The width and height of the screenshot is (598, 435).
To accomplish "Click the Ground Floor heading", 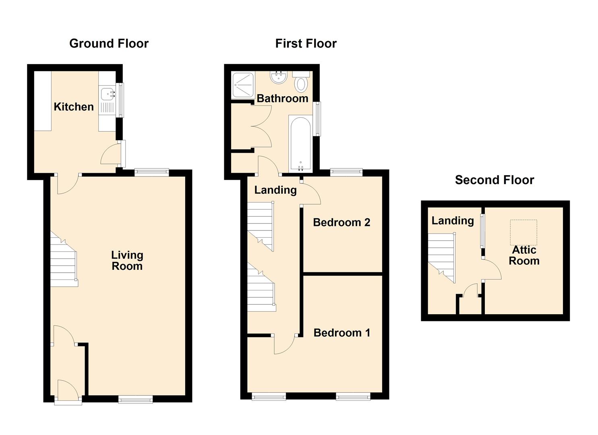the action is (109, 43).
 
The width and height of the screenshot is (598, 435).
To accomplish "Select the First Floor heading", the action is (306, 43).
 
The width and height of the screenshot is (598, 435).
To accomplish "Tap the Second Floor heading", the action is (495, 180).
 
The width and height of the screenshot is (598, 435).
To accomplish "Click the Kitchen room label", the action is (74, 107).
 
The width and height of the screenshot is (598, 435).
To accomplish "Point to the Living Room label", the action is (127, 261).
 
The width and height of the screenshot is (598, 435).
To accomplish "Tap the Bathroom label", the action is (282, 99).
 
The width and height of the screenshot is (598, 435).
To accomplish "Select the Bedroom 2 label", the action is (341, 222).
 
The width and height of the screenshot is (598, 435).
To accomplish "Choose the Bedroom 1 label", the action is (342, 333).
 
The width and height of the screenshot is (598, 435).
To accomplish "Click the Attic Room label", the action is (524, 255).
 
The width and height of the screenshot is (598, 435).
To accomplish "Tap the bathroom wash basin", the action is (278, 77).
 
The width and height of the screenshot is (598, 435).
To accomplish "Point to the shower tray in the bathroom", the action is (243, 85).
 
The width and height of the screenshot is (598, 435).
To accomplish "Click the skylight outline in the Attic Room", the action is (524, 232).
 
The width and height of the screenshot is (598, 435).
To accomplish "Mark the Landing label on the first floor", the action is (275, 190).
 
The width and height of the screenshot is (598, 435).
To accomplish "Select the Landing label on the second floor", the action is (453, 221).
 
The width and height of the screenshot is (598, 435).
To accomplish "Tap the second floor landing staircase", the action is (442, 258).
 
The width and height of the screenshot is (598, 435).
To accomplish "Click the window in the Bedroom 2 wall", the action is (346, 172).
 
